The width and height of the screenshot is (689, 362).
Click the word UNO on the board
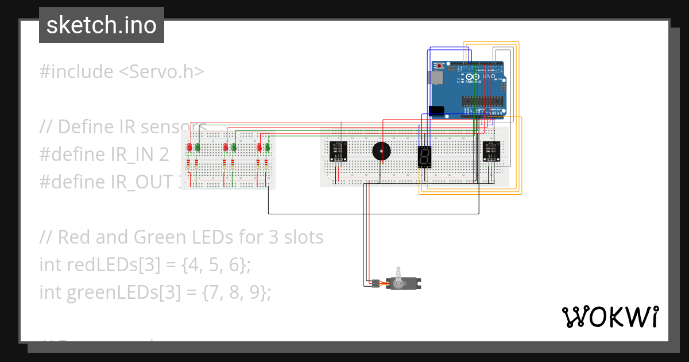pyautogui.click(x=489, y=76)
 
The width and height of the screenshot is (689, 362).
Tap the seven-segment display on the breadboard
pyautogui.click(x=424, y=157)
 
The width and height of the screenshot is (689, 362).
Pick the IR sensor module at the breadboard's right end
pyautogui.click(x=491, y=151)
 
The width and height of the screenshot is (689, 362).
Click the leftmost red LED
pyautogui.click(x=189, y=148)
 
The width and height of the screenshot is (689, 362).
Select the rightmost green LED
pyautogui.click(x=268, y=148)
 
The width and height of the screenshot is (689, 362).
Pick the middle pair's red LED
pyautogui.click(x=226, y=148)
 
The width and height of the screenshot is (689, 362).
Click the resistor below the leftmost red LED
pyautogui.click(x=189, y=166)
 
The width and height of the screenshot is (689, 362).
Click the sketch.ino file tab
pyautogui.click(x=102, y=25)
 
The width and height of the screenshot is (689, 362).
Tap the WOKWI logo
pyautogui.click(x=609, y=317)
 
